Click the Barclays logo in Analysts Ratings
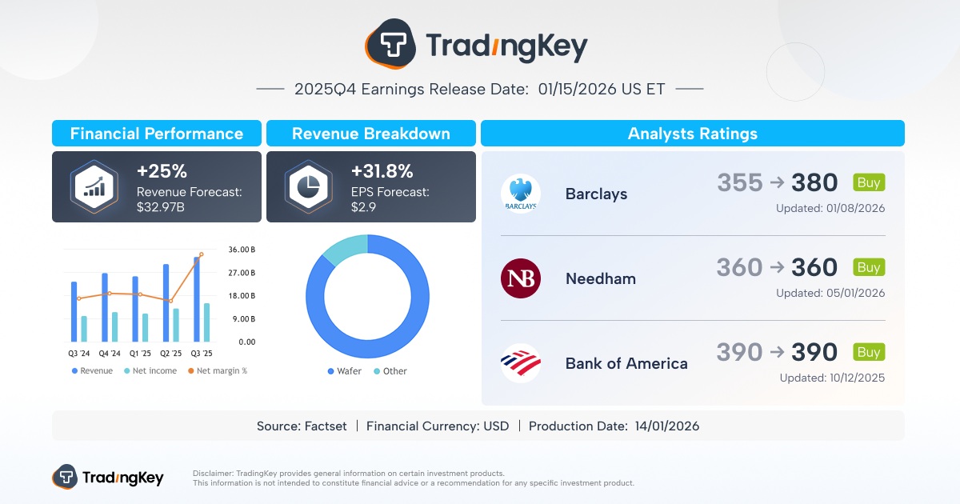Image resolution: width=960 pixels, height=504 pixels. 521,194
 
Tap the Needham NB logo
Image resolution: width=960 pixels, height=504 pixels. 521,278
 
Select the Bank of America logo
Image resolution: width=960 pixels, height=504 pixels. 521,362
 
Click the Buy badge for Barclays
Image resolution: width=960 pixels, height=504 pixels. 869,182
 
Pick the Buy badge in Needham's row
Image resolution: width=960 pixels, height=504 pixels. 869,267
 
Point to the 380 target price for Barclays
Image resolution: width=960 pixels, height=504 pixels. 814,183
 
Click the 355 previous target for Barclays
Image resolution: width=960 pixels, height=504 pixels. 740,183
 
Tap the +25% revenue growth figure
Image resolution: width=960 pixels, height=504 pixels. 162,171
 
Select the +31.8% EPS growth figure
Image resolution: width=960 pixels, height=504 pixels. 382,171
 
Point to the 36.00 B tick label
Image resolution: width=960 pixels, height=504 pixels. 242,250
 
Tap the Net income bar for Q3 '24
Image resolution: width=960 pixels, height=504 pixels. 84,329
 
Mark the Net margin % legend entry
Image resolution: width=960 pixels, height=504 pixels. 217,371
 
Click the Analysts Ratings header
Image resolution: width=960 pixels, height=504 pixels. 692,134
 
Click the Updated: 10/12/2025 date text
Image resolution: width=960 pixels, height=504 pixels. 832,378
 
